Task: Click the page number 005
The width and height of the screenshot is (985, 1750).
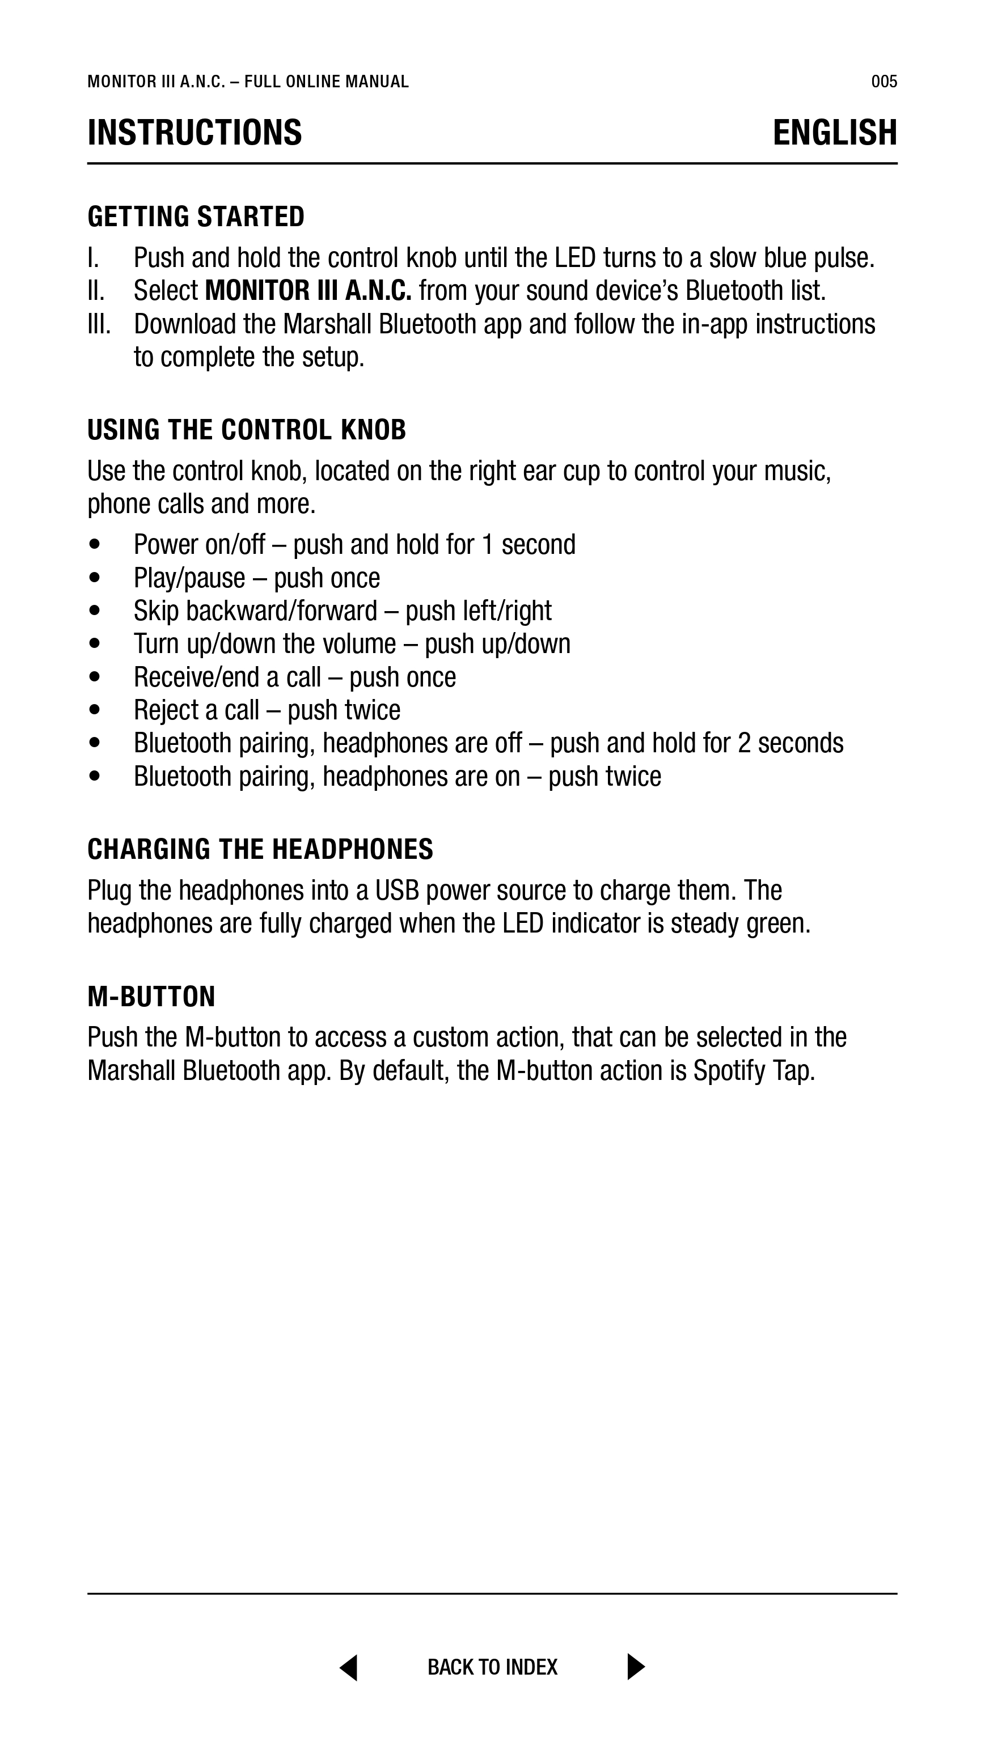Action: [x=883, y=82]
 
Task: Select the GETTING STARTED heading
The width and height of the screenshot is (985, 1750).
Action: [x=196, y=217]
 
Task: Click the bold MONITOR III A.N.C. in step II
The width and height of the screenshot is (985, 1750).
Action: [x=308, y=291]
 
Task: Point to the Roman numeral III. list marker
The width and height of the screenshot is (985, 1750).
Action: [x=99, y=324]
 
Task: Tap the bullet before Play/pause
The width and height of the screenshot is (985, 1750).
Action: [x=95, y=578]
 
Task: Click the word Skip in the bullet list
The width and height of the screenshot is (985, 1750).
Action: [x=157, y=611]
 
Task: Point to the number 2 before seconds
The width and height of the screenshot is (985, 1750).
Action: [x=745, y=743]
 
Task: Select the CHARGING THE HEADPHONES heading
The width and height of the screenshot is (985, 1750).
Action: [x=260, y=849]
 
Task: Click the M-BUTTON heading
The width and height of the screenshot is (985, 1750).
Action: [x=151, y=997]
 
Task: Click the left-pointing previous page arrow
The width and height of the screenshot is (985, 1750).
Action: [x=349, y=1667]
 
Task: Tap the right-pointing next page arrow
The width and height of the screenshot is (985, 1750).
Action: [x=636, y=1667]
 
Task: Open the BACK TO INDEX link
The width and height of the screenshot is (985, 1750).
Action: [x=492, y=1667]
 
